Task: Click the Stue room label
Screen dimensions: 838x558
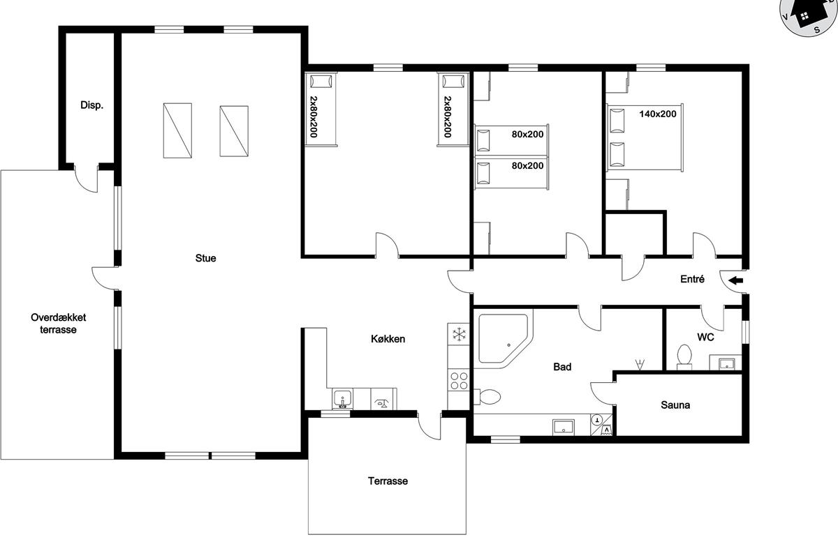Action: click(x=205, y=258)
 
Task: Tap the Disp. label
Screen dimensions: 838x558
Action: click(x=91, y=105)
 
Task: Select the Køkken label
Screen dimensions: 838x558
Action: click(x=388, y=339)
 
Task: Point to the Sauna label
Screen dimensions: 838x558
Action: click(x=675, y=405)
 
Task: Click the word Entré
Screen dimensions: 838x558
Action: click(x=692, y=279)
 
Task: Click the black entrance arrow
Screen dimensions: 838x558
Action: click(x=736, y=280)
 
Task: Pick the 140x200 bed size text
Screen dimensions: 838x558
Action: click(x=658, y=114)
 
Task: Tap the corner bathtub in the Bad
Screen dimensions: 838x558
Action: click(x=503, y=338)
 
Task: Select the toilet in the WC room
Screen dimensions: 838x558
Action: click(x=684, y=356)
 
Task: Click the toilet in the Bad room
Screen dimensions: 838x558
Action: click(x=487, y=397)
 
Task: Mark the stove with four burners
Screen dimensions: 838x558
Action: click(x=459, y=381)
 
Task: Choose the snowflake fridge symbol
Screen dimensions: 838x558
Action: click(x=459, y=334)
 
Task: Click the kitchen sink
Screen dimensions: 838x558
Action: click(x=342, y=399)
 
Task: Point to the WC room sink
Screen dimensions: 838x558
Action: click(x=726, y=363)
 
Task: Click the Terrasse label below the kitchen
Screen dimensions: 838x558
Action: click(x=388, y=481)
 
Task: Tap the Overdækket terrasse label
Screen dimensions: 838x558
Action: click(x=59, y=323)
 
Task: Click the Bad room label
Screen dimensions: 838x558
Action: click(x=562, y=367)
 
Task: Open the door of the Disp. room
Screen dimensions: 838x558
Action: click(x=87, y=179)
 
